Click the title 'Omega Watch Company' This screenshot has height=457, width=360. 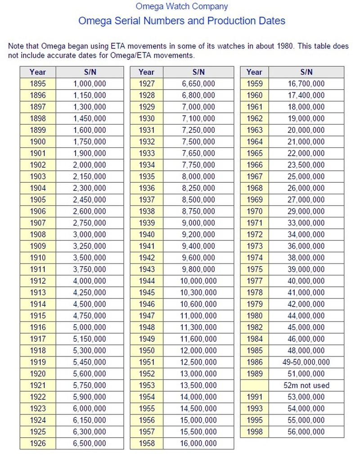click(182, 6)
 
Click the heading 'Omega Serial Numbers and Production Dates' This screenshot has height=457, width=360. click(182, 21)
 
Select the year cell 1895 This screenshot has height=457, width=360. click(38, 84)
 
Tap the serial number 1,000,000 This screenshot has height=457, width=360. click(90, 84)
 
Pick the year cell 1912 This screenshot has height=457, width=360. click(38, 281)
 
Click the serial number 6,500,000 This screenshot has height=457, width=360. click(90, 443)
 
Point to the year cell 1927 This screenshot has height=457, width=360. click(147, 84)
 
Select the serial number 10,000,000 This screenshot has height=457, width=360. click(198, 281)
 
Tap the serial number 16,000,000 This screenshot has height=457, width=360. click(198, 443)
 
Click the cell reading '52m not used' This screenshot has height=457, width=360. click(306, 385)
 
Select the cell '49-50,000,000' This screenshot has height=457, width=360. click(306, 362)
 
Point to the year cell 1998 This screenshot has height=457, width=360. click(254, 432)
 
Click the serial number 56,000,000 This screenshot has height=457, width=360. click(306, 432)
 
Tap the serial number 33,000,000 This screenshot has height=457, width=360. click(306, 223)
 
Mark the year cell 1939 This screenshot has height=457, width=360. click(147, 223)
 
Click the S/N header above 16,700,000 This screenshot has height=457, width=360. click(306, 72)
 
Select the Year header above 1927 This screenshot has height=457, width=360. click(147, 72)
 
